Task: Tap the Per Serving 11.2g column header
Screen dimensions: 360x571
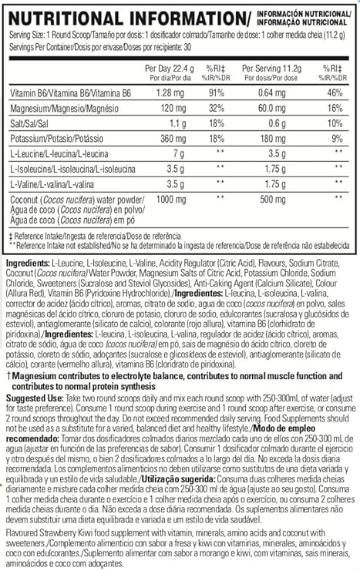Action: pos(268,69)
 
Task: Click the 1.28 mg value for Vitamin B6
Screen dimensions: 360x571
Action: pos(174,93)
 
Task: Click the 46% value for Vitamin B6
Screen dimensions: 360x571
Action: pos(335,93)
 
